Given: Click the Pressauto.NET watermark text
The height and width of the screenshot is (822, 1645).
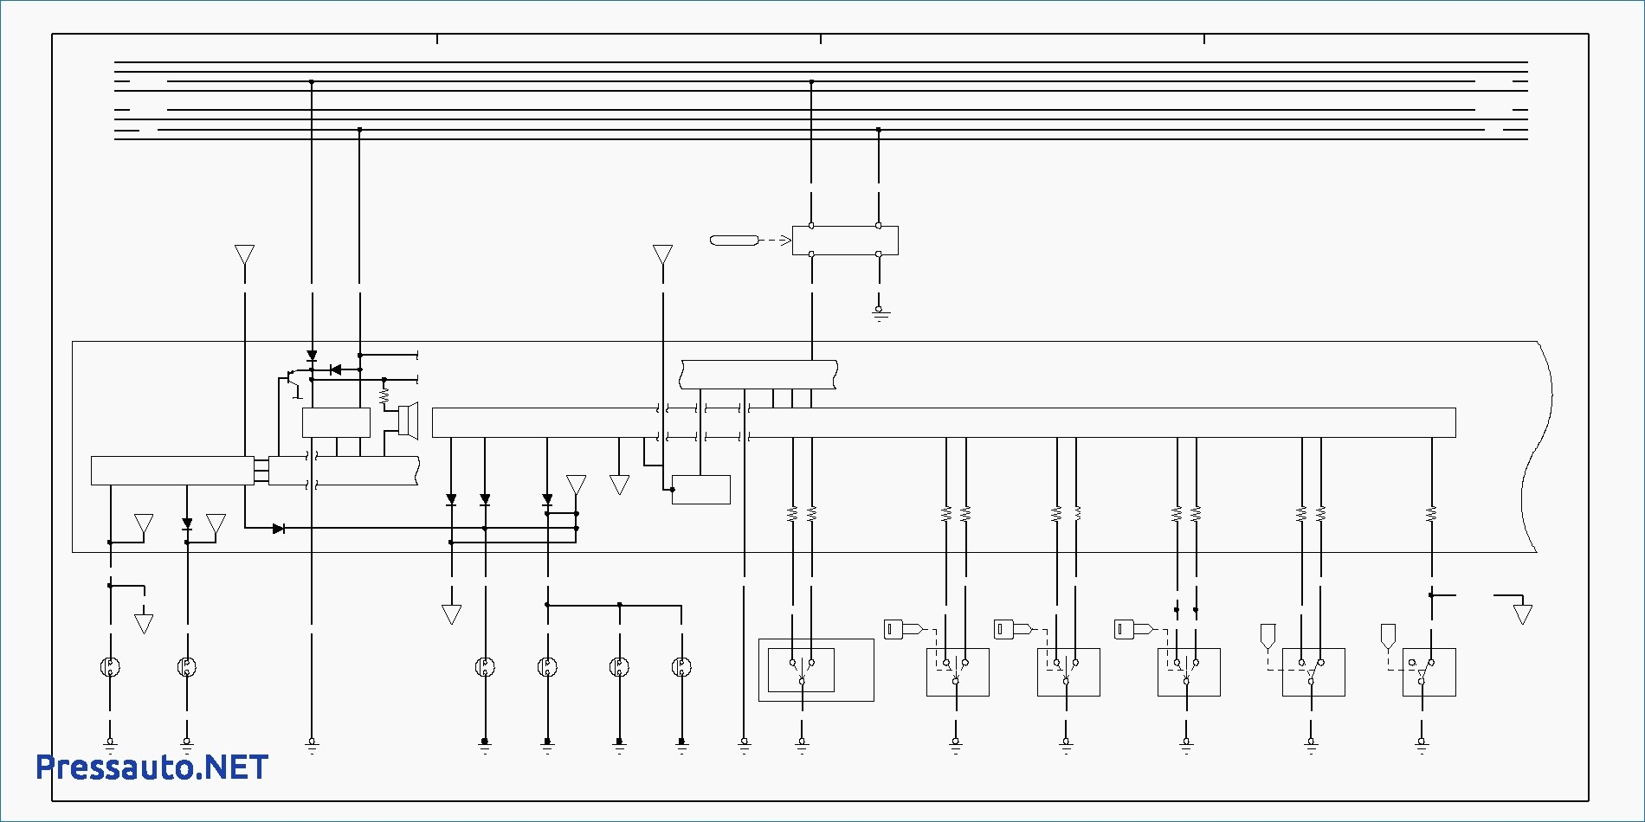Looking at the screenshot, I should [x=152, y=767].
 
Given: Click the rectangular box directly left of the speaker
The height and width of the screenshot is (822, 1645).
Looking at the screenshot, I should [x=336, y=422].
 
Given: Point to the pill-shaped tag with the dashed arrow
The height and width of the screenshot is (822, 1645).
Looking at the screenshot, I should [x=733, y=240].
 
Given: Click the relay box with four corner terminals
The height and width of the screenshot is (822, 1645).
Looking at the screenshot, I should [x=845, y=240].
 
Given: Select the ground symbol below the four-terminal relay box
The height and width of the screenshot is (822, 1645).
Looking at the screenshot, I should [x=880, y=313].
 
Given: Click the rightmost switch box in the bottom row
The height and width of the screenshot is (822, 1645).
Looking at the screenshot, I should [x=1429, y=671].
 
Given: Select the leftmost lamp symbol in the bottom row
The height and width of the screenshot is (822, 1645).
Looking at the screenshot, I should [x=110, y=666].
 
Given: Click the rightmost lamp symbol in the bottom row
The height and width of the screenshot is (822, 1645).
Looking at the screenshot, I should [x=681, y=666].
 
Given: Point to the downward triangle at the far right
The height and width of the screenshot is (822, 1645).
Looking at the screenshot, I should [x=1523, y=614].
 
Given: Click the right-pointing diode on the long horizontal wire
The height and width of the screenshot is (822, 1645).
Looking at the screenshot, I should [x=279, y=528].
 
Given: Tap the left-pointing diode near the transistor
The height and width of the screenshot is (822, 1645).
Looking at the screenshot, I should [x=335, y=369].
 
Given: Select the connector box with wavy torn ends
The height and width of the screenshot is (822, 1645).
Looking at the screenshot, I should [x=758, y=375].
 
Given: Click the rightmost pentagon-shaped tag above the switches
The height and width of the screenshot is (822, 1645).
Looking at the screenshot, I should [x=1388, y=636].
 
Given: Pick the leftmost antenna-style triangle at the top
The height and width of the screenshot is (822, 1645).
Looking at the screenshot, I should [x=244, y=254].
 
